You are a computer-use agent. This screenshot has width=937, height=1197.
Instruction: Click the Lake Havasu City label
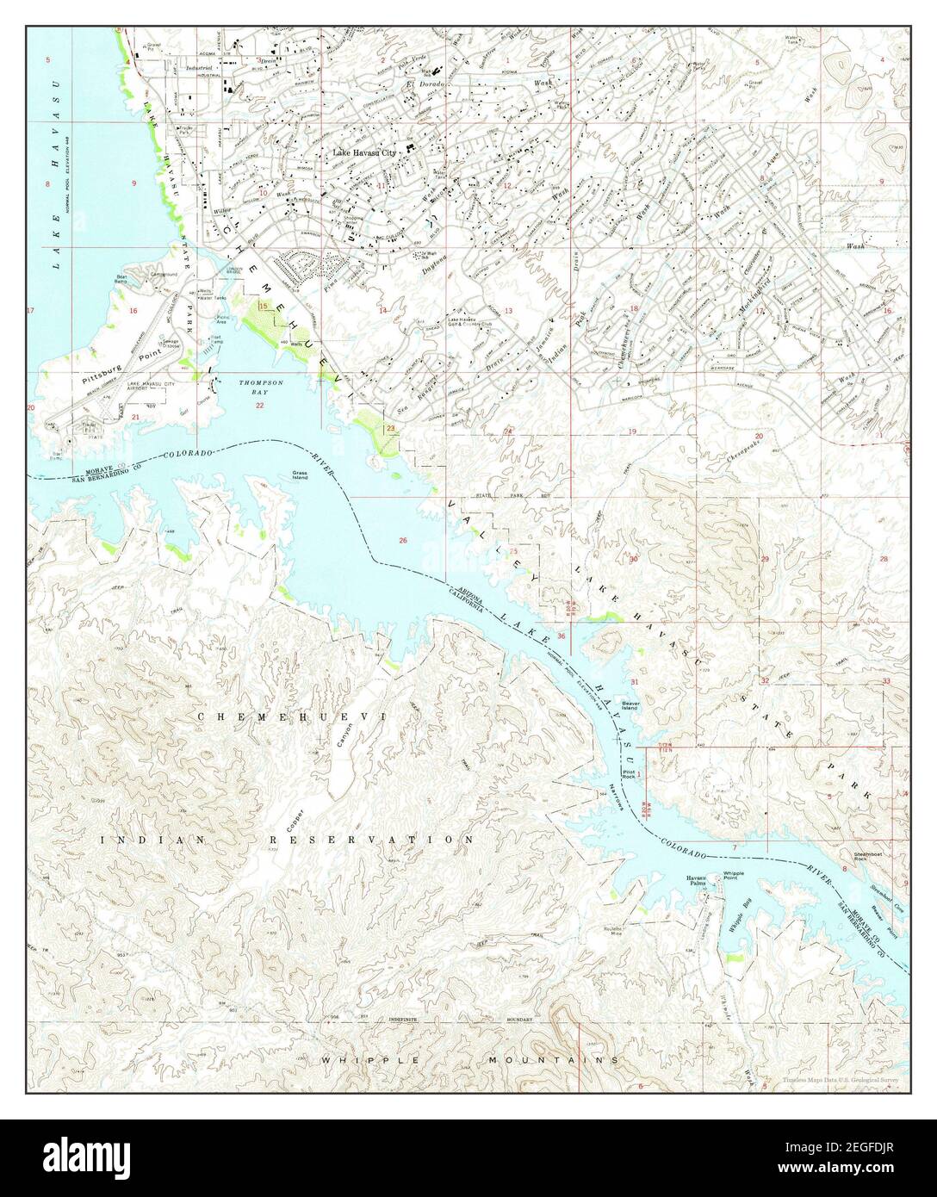click(364, 152)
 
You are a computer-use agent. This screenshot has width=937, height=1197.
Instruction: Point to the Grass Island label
click(300, 474)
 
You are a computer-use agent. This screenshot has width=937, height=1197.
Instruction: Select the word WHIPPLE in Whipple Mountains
click(368, 1060)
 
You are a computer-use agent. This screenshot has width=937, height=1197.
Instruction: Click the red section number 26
click(401, 540)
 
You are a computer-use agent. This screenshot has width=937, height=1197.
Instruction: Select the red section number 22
click(259, 405)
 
